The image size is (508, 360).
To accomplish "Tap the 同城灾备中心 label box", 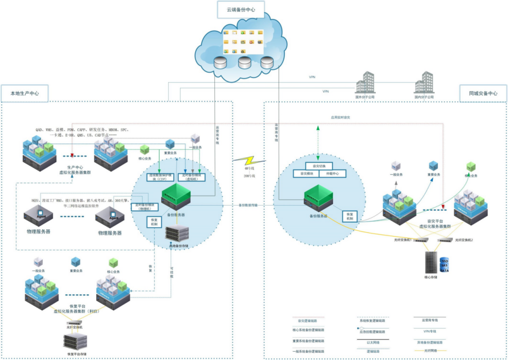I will [483, 93].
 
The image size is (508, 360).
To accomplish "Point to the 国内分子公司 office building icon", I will [424, 83].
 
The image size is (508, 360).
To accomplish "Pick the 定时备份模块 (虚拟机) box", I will [192, 177].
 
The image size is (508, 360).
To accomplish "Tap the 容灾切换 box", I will [317, 165].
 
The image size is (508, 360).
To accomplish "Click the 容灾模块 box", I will [305, 174].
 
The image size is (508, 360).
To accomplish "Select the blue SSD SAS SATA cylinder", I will [444, 265].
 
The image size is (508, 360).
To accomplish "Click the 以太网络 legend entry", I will [373, 341].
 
